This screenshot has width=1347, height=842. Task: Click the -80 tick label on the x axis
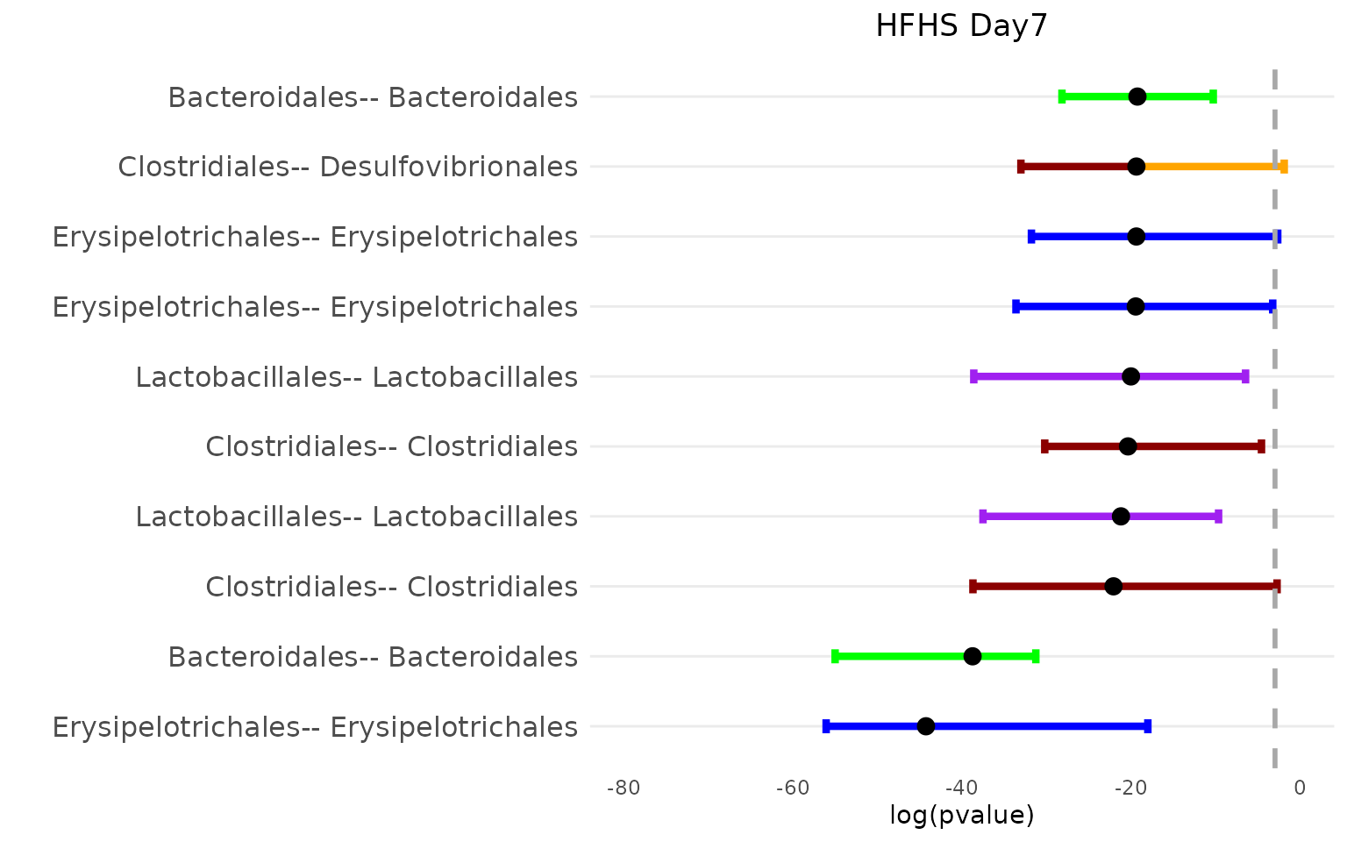[624, 788]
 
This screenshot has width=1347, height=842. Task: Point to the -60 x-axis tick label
[793, 788]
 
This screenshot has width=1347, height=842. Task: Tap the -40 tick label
[962, 788]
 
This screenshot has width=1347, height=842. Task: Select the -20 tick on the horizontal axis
[1130, 788]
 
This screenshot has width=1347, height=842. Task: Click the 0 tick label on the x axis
[1300, 788]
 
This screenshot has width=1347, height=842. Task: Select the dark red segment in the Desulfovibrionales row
[1074, 167]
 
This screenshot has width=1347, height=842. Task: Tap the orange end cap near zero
[1284, 167]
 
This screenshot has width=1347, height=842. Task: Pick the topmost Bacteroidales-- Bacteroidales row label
[373, 97]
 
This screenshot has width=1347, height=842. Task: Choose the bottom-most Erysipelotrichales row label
[315, 727]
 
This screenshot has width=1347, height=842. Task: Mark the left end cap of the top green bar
[1062, 96]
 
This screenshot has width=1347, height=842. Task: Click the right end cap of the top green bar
[1213, 96]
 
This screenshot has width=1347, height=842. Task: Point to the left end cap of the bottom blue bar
[826, 726]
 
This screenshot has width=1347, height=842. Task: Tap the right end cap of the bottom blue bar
[1147, 726]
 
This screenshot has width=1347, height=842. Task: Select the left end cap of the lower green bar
[835, 656]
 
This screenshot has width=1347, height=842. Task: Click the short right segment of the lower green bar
[1008, 656]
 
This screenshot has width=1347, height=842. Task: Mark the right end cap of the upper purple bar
[1245, 376]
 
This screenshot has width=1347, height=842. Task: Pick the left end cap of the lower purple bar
[983, 516]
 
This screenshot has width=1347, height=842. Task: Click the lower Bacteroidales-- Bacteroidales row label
[373, 657]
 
